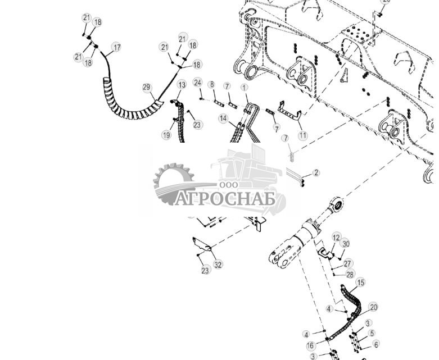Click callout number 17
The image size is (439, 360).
point(116,47)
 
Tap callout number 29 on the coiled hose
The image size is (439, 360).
point(147,87)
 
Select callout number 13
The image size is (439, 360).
point(181,84)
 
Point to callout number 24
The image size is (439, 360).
point(197,82)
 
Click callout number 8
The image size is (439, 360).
point(211,84)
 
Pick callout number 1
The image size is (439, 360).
point(244,88)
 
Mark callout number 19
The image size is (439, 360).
point(166,135)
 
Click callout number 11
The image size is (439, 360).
point(303,135)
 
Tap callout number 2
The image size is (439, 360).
point(316,172)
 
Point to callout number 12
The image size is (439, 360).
point(336,238)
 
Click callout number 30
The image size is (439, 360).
point(346,244)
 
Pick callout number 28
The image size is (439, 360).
point(350,274)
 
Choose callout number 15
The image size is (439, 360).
point(360,282)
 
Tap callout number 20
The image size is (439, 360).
point(374,307)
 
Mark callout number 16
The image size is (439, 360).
point(310,345)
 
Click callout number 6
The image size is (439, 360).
point(376,344)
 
